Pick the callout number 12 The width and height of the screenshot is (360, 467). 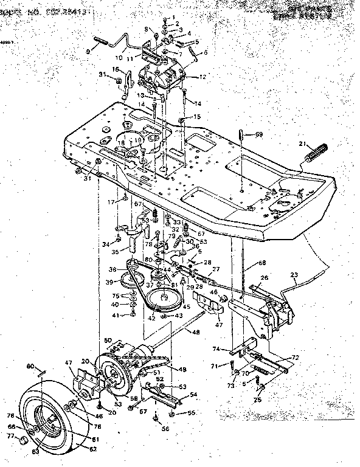click(203, 77)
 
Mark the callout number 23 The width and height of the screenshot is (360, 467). click(294, 274)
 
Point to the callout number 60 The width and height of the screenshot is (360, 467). click(29, 366)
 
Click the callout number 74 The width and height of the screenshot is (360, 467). click(233, 349)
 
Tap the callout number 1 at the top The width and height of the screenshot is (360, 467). click(173, 18)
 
